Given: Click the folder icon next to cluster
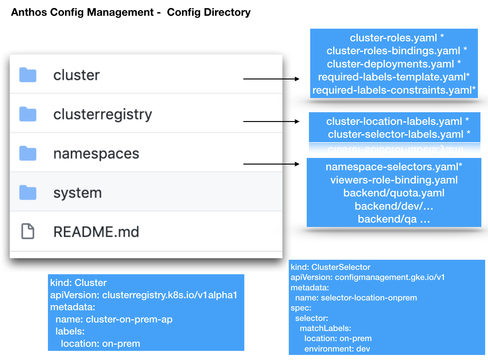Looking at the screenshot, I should [28, 75].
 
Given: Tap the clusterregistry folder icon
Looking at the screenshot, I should [28, 114].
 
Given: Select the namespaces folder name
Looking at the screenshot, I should [96, 154].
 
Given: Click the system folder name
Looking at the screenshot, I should [78, 193].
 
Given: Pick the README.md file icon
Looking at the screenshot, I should [28, 231].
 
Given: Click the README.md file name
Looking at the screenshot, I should [96, 232].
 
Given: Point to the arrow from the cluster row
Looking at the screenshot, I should [271, 79].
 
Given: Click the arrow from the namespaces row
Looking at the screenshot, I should [271, 164].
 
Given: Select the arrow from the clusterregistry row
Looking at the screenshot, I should [271, 121].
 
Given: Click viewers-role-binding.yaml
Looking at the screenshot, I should [394, 180].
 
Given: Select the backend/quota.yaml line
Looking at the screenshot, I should [394, 193].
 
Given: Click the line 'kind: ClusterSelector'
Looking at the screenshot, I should [330, 267].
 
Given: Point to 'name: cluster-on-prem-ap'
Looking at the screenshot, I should [114, 319].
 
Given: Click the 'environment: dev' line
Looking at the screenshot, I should [337, 349].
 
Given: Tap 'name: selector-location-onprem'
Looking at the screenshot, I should [356, 298].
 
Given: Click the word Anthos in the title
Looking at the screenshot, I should [29, 12].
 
